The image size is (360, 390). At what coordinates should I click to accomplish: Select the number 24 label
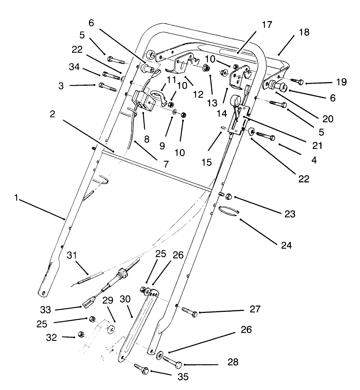(287, 246)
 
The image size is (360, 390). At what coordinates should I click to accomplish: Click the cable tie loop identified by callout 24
(228, 210)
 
